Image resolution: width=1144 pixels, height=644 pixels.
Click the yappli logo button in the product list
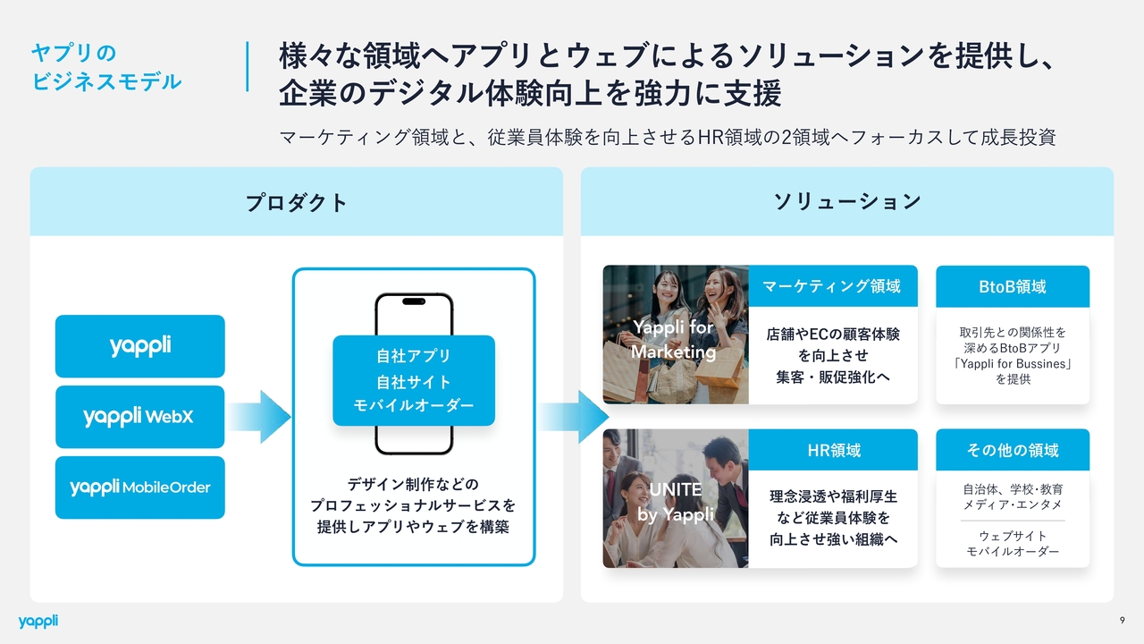[140, 346]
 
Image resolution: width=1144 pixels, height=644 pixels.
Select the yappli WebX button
[140, 417]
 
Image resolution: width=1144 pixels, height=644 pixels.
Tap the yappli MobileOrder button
[140, 487]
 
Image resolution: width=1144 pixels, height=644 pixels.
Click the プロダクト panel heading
[297, 202]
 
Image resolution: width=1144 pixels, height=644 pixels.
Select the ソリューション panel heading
[846, 202]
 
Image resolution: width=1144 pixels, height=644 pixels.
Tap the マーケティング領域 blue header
[832, 286]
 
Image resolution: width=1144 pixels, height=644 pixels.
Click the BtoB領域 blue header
[1012, 286]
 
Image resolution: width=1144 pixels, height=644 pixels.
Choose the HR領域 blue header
[832, 450]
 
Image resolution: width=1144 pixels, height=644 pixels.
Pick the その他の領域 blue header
[1012, 450]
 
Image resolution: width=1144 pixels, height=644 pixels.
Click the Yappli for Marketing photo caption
[675, 340]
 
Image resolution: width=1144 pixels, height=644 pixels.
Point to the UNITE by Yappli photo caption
[675, 502]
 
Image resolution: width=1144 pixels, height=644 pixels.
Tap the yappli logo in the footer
[38, 622]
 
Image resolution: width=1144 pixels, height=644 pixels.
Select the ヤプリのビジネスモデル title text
[105, 67]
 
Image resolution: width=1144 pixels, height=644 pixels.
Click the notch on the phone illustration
[414, 301]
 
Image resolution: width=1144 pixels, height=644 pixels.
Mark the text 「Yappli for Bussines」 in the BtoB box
[1013, 364]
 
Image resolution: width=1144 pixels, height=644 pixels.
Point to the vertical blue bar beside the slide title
[248, 66]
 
